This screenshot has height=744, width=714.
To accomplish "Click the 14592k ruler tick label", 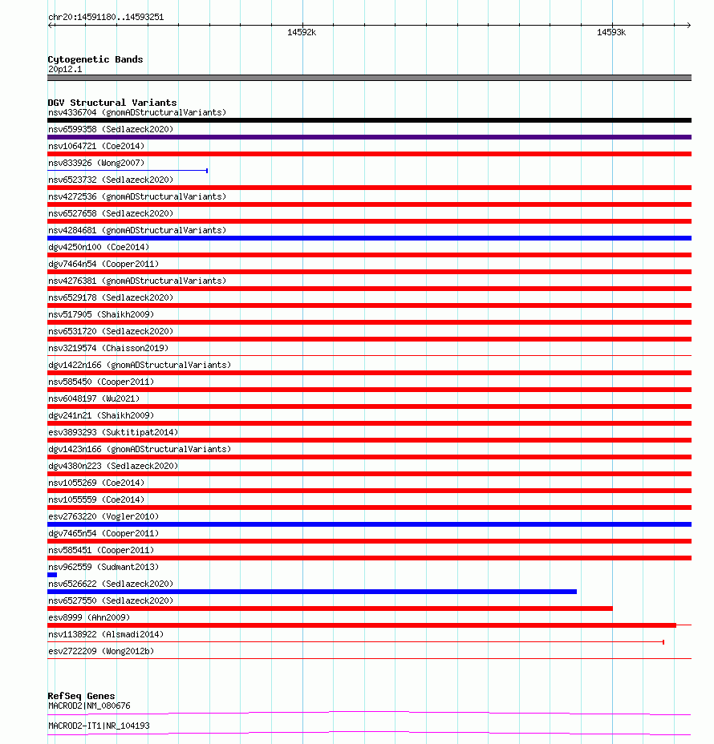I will [302, 33].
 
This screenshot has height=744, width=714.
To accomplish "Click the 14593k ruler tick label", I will [611, 33].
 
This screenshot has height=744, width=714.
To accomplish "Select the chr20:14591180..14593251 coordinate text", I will [106, 17].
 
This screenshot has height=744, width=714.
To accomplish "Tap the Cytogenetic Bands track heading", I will [95, 59].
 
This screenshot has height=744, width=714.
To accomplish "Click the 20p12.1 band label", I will [65, 69].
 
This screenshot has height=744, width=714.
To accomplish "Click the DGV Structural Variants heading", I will [112, 103].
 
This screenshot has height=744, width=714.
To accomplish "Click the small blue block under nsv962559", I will [52, 575].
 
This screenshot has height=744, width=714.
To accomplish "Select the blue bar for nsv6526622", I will [312, 592].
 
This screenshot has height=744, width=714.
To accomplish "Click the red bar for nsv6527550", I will [330, 609].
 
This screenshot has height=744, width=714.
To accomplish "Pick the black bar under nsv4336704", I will [369, 120].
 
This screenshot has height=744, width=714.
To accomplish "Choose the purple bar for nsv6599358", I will [369, 137].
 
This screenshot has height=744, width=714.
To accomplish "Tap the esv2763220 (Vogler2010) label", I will [103, 516].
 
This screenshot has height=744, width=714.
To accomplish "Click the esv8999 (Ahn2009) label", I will [89, 617].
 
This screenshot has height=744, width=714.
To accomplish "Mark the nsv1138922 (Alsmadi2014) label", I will [106, 634].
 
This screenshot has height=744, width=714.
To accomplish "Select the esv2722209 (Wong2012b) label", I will [101, 651].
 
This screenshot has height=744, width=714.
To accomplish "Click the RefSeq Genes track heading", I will [81, 696].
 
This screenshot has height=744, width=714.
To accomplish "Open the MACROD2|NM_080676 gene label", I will [89, 706].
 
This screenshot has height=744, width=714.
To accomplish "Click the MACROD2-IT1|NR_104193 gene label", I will [99, 726].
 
